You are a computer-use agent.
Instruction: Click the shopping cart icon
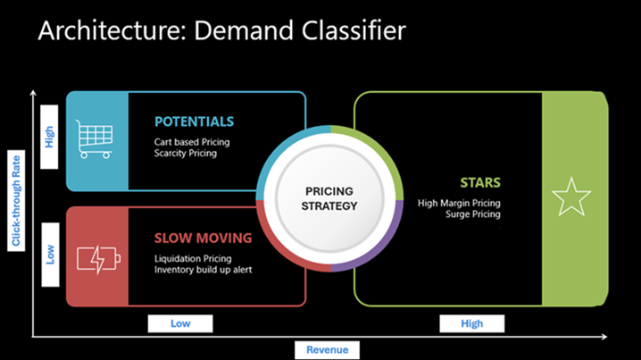[96, 140]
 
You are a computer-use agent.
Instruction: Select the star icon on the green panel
[571, 197]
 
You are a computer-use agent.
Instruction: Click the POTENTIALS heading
[194, 121]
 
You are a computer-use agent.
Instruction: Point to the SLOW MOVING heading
[203, 239]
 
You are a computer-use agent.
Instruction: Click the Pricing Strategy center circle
[330, 198]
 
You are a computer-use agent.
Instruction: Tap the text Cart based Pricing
[190, 140]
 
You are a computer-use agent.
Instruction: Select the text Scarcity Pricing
[185, 153]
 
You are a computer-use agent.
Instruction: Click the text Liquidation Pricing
[192, 257]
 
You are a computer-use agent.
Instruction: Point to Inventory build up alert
[203, 270]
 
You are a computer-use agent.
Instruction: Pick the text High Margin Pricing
[459, 203]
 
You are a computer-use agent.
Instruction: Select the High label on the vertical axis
[50, 136]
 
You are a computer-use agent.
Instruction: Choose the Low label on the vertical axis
[50, 255]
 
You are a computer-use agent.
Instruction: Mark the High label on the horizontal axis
[471, 323]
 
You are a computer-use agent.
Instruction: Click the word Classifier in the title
[354, 31]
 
